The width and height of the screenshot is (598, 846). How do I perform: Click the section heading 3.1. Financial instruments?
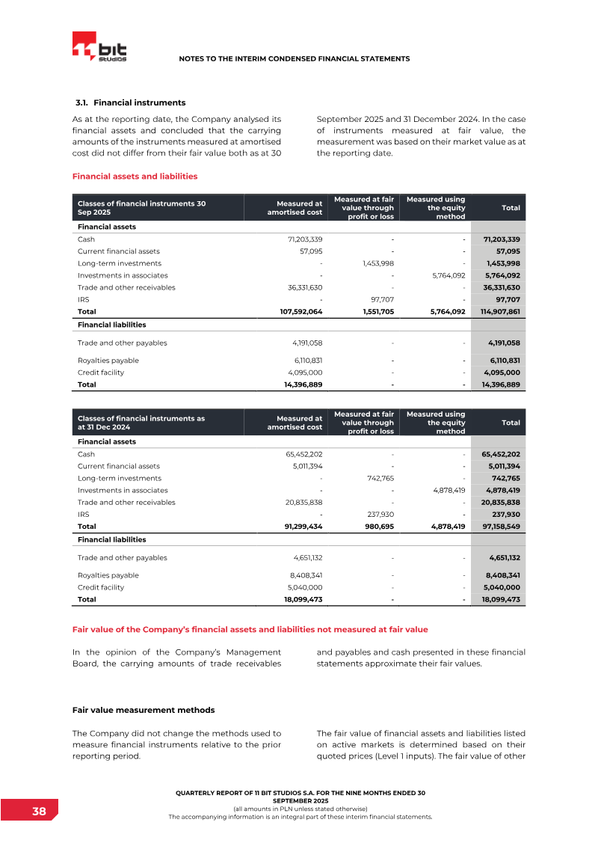click(131, 102)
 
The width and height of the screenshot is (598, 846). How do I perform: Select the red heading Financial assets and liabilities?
click(135, 177)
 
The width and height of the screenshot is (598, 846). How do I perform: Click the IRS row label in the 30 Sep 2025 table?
click(83, 299)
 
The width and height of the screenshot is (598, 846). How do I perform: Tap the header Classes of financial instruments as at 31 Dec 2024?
click(141, 423)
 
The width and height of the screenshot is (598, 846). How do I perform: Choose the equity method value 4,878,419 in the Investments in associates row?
click(449, 490)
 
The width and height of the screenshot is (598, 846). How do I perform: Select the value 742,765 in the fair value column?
click(379, 478)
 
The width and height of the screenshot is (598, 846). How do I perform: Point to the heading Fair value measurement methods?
click(143, 710)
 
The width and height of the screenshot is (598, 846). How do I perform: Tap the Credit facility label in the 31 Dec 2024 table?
click(101, 587)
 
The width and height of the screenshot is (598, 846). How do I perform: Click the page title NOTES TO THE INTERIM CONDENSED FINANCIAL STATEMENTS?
click(295, 58)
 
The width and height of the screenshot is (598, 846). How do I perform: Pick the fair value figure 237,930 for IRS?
click(378, 514)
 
